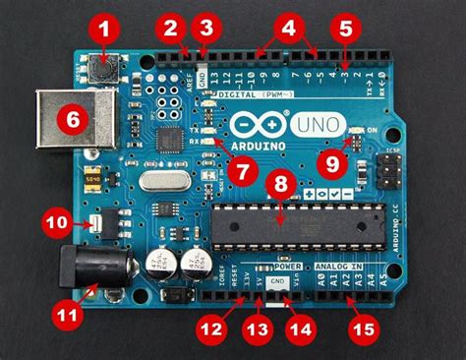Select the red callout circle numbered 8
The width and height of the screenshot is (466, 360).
coord(281,184)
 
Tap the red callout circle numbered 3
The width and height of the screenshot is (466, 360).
coord(204,27)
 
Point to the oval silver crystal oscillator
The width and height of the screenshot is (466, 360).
coord(157,181)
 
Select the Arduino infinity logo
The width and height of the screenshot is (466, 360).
coord(258,125)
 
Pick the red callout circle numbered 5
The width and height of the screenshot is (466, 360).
coord(344,28)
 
